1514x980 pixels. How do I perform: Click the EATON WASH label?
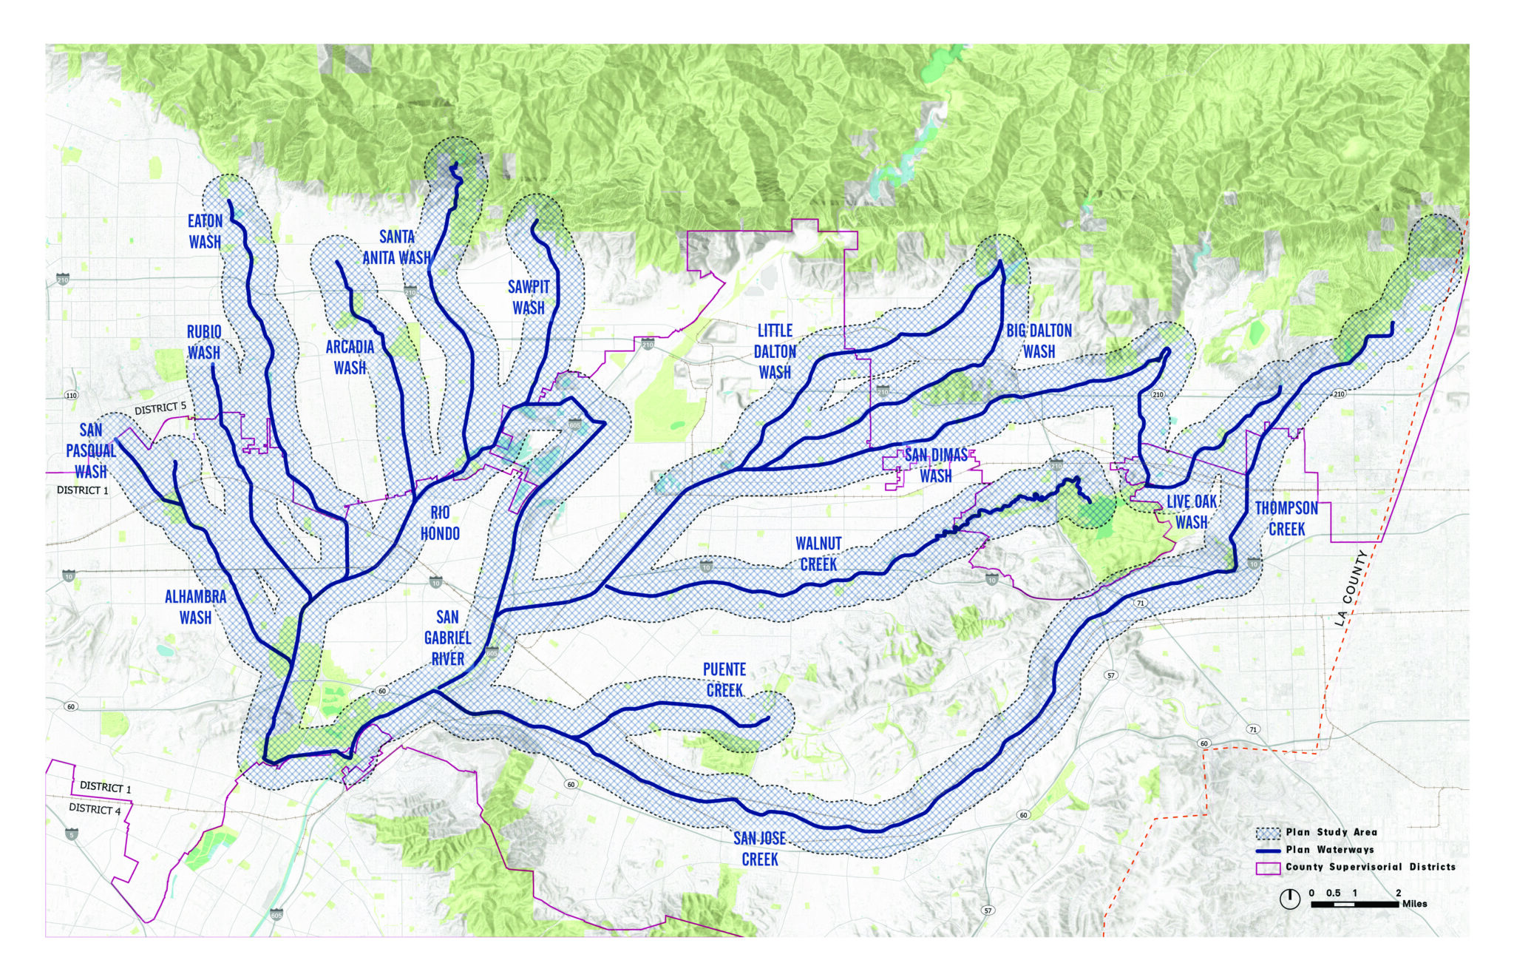[205, 232]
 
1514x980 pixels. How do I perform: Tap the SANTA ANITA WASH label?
[396, 247]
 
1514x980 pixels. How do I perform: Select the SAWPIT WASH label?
[529, 297]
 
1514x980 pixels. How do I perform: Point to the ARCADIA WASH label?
[350, 356]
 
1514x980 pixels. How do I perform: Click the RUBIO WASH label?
[203, 342]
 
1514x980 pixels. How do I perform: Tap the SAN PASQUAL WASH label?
[91, 450]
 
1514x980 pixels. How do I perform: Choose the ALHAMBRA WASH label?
[195, 606]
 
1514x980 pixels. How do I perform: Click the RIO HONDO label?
[440, 523]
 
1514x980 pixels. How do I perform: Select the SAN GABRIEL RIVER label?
[447, 638]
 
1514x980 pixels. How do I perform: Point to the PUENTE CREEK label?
[724, 680]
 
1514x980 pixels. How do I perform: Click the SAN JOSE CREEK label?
[759, 848]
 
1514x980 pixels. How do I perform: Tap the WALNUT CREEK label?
[818, 554]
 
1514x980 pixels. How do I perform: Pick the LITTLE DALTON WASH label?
[775, 351]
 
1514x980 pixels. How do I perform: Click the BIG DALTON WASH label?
[1039, 341]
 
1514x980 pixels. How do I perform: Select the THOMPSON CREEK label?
[1286, 518]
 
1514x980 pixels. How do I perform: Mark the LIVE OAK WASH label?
[1192, 512]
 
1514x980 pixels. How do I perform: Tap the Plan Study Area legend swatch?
[1268, 833]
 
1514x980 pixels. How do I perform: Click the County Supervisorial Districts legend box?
[1268, 868]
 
